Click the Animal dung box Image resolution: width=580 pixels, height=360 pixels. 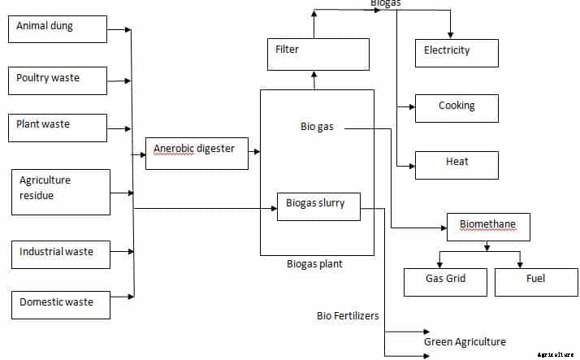58,28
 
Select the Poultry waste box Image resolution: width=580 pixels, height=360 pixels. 58,80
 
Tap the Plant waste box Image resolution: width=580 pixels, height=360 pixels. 58,127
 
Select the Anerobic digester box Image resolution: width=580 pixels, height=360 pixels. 197,153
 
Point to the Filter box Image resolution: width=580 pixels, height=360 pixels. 318,54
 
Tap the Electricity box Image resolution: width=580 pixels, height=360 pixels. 456,53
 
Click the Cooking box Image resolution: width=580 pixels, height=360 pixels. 456,108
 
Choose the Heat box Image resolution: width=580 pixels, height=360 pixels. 456,164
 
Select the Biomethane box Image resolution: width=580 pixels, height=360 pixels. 488,226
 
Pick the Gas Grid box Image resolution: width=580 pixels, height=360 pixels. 445,281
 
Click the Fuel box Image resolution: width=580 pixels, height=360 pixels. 535,281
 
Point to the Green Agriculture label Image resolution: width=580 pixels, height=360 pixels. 465,342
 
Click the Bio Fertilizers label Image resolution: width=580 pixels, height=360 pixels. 348,315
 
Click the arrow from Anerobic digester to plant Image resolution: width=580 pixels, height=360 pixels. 254,152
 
